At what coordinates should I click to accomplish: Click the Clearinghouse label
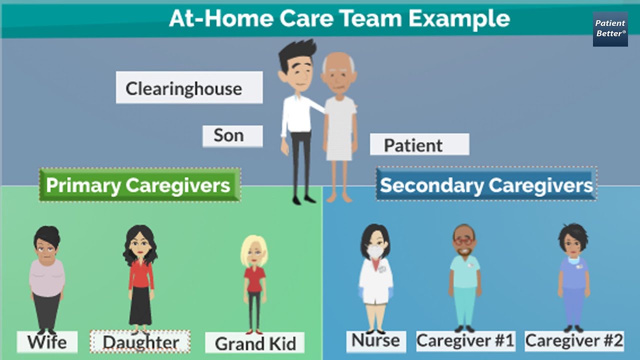189,88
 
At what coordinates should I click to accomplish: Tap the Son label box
232,136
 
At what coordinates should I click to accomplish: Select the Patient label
419,144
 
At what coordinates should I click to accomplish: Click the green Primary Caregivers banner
139,185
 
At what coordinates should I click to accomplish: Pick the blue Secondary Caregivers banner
486,185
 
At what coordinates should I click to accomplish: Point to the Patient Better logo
610,29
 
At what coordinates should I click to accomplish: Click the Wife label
47,342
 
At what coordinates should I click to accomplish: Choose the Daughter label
140,342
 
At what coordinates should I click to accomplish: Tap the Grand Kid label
255,343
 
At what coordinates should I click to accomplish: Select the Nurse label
375,340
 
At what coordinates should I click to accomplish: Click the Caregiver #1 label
465,340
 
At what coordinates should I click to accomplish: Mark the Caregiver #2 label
574,340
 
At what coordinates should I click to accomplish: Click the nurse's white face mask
375,252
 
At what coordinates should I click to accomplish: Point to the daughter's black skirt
140,305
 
